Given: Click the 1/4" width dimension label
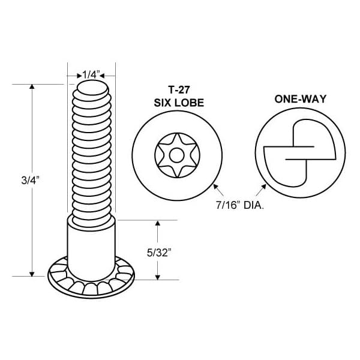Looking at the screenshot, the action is [x=91, y=74].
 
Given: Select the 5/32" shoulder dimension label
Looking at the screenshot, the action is [x=159, y=253].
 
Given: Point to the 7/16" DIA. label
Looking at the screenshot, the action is [x=239, y=205].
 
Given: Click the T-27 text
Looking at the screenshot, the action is [x=179, y=89].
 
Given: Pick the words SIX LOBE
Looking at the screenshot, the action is [x=179, y=103].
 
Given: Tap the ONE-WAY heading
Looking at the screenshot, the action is [x=301, y=99].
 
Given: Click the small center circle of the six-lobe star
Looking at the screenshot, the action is [x=177, y=155].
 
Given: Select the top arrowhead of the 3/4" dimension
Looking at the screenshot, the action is [x=32, y=86].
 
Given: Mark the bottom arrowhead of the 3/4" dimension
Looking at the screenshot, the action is [x=32, y=274].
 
